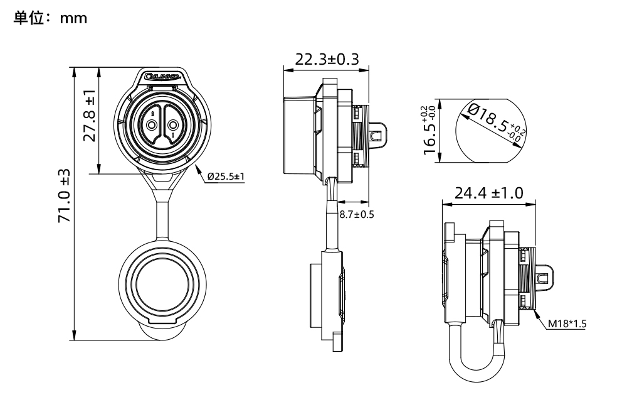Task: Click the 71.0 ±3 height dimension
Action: pyautogui.click(x=63, y=195)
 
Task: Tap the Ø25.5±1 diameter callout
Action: pyautogui.click(x=225, y=177)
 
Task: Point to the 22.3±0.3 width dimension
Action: pyautogui.click(x=327, y=59)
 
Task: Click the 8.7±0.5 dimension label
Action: pyautogui.click(x=357, y=214)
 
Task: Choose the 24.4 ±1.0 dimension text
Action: pyautogui.click(x=489, y=192)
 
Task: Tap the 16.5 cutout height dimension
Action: pyautogui.click(x=430, y=129)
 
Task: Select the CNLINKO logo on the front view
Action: pyautogui.click(x=162, y=77)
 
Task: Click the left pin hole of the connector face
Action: pyautogui.click(x=151, y=126)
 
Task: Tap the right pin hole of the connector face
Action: pyautogui.click(x=174, y=126)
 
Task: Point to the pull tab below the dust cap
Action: pyautogui.click(x=162, y=329)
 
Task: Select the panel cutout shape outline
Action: pyautogui.click(x=488, y=130)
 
